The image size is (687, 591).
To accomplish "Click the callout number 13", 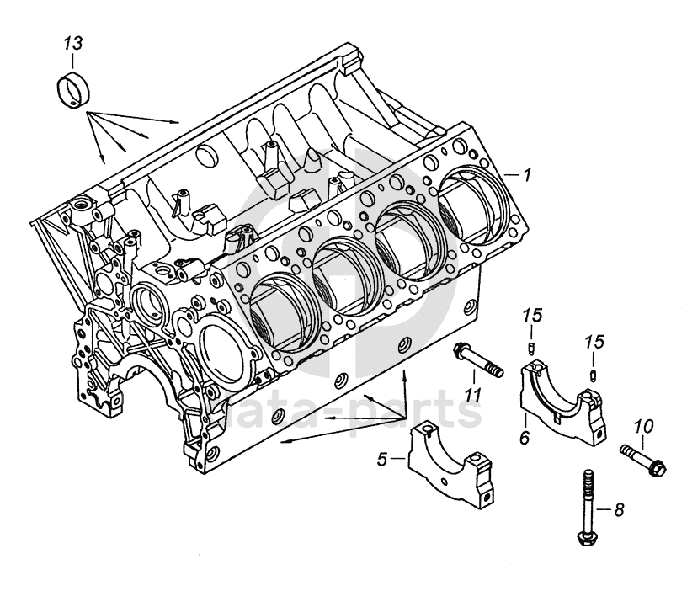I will (74, 42).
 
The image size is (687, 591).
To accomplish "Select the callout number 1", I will (528, 175).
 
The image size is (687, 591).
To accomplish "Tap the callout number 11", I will (473, 393).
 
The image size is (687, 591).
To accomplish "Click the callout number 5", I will (381, 460).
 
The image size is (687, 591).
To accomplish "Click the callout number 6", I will (524, 437).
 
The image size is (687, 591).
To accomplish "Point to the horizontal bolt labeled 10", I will (643, 457).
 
